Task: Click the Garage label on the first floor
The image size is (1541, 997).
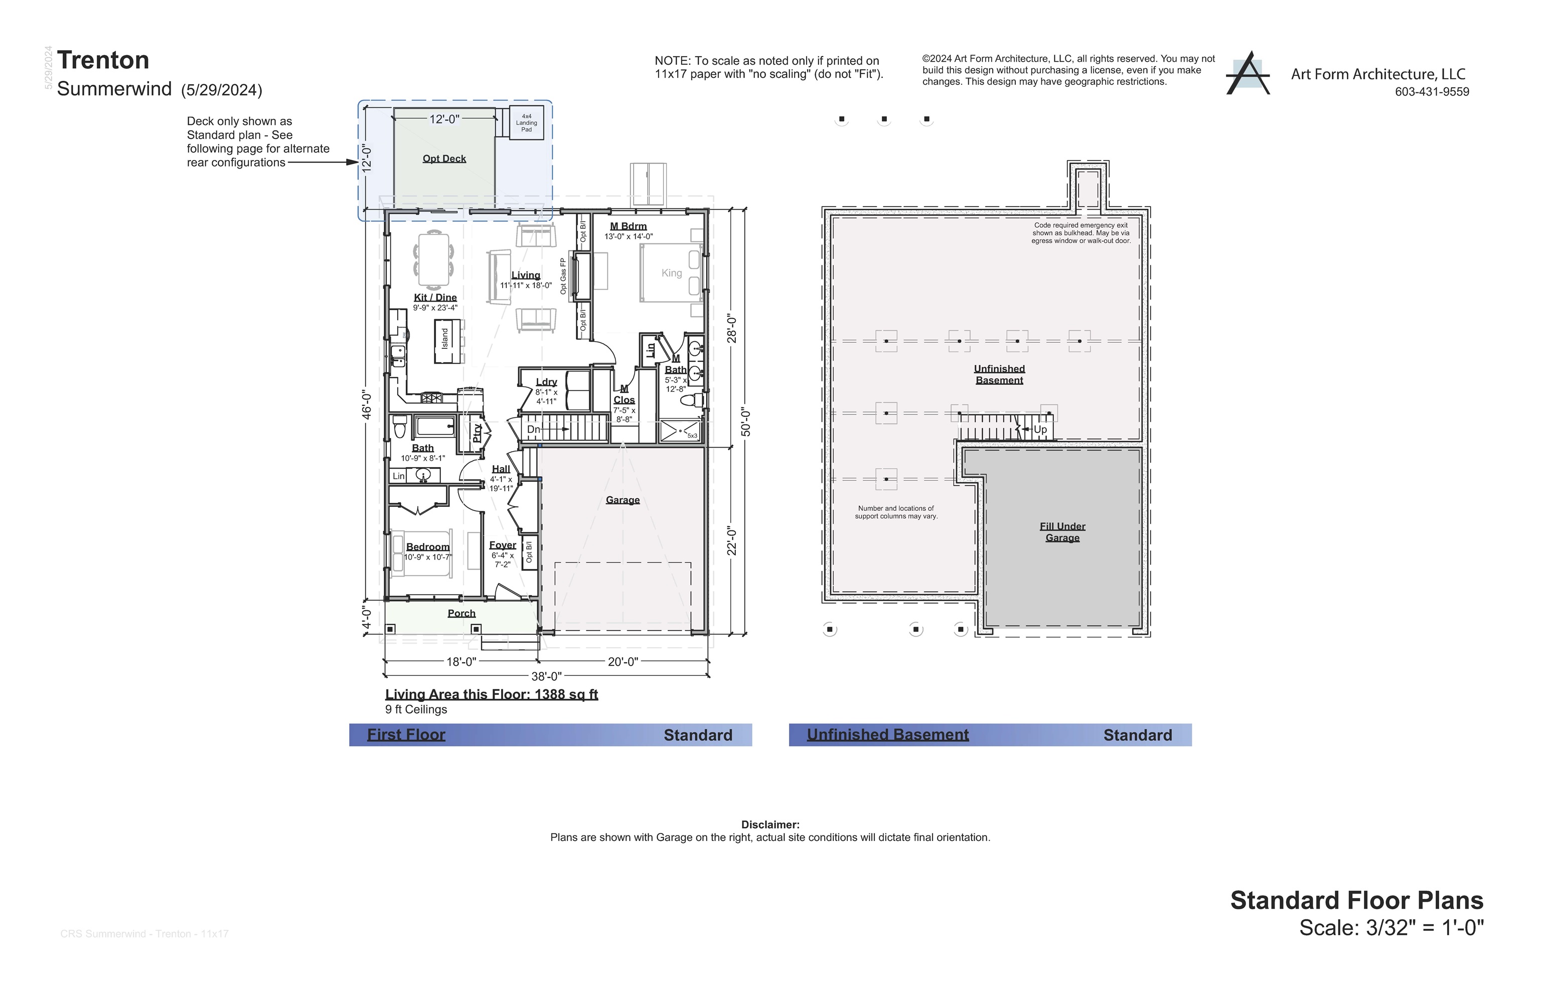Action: coord(622,500)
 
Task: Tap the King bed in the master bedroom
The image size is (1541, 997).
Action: coord(671,273)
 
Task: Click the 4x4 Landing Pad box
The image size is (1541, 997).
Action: coord(526,123)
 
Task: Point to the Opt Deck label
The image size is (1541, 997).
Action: coord(444,159)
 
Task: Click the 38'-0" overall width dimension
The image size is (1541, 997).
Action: coord(546,676)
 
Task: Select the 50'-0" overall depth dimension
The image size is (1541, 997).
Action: coord(745,421)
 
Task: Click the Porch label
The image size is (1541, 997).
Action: coord(461,613)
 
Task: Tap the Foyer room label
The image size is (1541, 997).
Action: coord(502,545)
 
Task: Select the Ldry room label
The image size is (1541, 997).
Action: coord(546,382)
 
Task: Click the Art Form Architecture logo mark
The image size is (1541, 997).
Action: coord(1247,74)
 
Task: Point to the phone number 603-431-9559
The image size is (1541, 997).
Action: coord(1432,92)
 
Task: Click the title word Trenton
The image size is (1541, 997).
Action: coord(103,60)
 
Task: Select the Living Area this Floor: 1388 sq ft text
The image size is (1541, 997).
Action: coord(491,694)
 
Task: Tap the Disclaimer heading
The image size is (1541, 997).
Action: coord(770,825)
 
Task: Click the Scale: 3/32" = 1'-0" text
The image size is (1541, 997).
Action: coord(1391,928)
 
